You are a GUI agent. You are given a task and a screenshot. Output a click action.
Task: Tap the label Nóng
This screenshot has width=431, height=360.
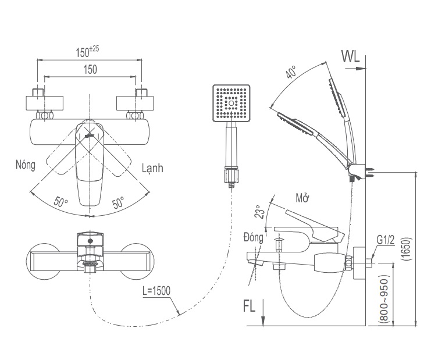[26, 165]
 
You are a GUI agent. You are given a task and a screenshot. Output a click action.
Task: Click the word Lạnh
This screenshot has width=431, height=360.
[152, 167]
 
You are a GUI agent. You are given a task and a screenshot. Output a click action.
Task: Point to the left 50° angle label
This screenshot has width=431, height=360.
[61, 202]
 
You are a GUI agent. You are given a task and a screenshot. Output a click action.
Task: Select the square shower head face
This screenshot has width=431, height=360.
[231, 103]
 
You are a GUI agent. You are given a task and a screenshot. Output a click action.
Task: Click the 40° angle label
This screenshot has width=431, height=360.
[291, 73]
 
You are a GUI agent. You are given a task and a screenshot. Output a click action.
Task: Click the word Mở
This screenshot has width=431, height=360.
[302, 198]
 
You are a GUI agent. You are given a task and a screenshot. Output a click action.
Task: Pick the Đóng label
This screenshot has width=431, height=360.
[254, 237]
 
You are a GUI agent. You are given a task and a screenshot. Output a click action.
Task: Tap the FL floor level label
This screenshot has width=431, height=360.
[248, 305]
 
